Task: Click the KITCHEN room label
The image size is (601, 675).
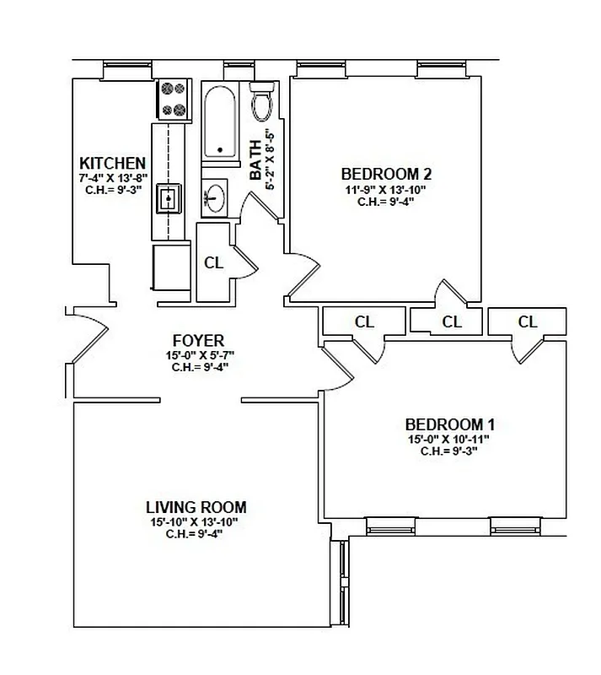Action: point(112,163)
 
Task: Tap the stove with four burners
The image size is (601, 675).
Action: point(173,99)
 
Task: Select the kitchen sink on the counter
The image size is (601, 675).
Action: point(169,200)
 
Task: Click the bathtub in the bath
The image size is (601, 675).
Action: point(220,121)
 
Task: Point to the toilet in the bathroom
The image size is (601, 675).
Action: point(262,103)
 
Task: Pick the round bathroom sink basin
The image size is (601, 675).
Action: point(215,199)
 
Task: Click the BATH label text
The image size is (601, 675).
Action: point(256,160)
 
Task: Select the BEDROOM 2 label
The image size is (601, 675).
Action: point(386,174)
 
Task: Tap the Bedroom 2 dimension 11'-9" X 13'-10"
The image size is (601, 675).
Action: point(386,189)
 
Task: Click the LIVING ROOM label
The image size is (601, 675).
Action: point(196,507)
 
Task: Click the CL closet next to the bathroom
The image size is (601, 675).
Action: point(214,262)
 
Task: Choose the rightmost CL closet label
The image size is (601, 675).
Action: point(528,321)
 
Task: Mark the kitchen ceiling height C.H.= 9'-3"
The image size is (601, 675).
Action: point(112,190)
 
